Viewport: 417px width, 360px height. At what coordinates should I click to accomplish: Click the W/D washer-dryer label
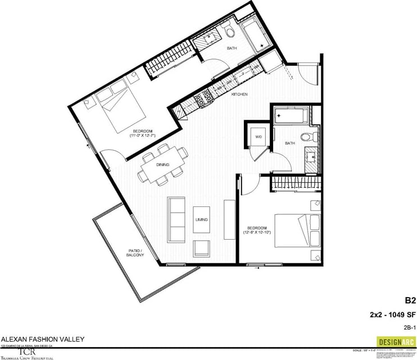pyautogui.click(x=259, y=137)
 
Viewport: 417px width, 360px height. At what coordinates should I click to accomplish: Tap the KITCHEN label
pyautogui.click(x=240, y=94)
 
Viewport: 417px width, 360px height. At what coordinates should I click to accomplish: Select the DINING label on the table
pyautogui.click(x=163, y=165)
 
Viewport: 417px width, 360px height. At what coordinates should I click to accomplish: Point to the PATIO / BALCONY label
pyautogui.click(x=135, y=253)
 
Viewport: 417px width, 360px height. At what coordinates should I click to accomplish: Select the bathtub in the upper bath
pyautogui.click(x=251, y=34)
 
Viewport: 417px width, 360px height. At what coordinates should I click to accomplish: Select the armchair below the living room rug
pyautogui.click(x=201, y=248)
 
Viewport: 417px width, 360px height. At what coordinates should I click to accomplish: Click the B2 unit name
pyautogui.click(x=410, y=301)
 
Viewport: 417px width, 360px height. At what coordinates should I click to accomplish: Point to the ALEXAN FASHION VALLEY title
pyautogui.click(x=43, y=339)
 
